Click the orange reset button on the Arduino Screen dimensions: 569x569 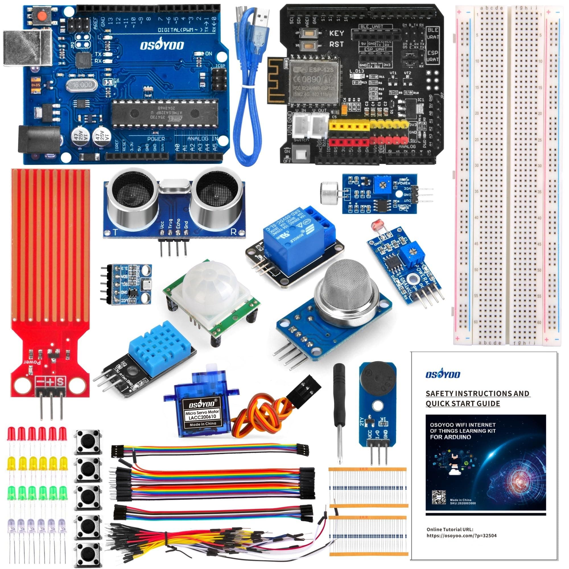[42, 15]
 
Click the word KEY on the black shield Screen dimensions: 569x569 [336, 33]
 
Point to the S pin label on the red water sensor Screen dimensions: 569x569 [60, 382]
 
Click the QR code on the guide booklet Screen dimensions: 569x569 [438, 497]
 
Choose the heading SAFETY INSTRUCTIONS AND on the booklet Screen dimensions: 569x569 [477, 393]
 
